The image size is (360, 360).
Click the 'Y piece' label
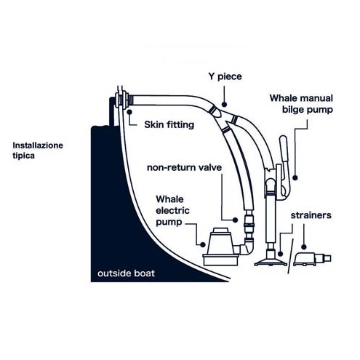coord(225,76)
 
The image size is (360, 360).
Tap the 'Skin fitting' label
coord(169,124)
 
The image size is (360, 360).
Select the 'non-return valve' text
coord(184,167)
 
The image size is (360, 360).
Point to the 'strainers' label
coord(311,215)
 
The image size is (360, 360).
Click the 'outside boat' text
coord(126,273)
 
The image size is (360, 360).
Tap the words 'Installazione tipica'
coord(38,151)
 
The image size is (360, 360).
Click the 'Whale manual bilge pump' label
coord(301,104)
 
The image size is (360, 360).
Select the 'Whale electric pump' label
coord(172,210)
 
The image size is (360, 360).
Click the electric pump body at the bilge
coord(220,247)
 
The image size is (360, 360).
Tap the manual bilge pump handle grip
coord(284,148)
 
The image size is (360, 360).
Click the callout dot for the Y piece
coord(224,105)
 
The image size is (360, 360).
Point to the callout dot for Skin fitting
coord(129,112)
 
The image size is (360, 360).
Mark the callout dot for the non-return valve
coord(235,220)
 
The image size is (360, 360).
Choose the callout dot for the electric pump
coord(203,244)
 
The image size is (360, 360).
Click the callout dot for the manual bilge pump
coord(295,177)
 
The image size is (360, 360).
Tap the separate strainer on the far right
coord(312,259)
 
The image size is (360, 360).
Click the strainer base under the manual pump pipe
coord(271,261)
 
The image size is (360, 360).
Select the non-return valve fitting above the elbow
coord(249,224)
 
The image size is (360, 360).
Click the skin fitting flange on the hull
coord(121,100)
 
